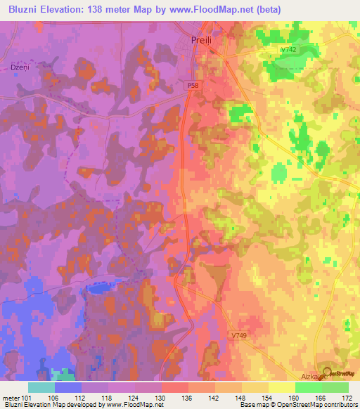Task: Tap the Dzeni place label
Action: pos(19,67)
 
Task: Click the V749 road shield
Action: pos(239,336)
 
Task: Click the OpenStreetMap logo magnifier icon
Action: pos(327,373)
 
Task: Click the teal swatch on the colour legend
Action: pos(41,387)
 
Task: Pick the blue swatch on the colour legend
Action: pos(68,387)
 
